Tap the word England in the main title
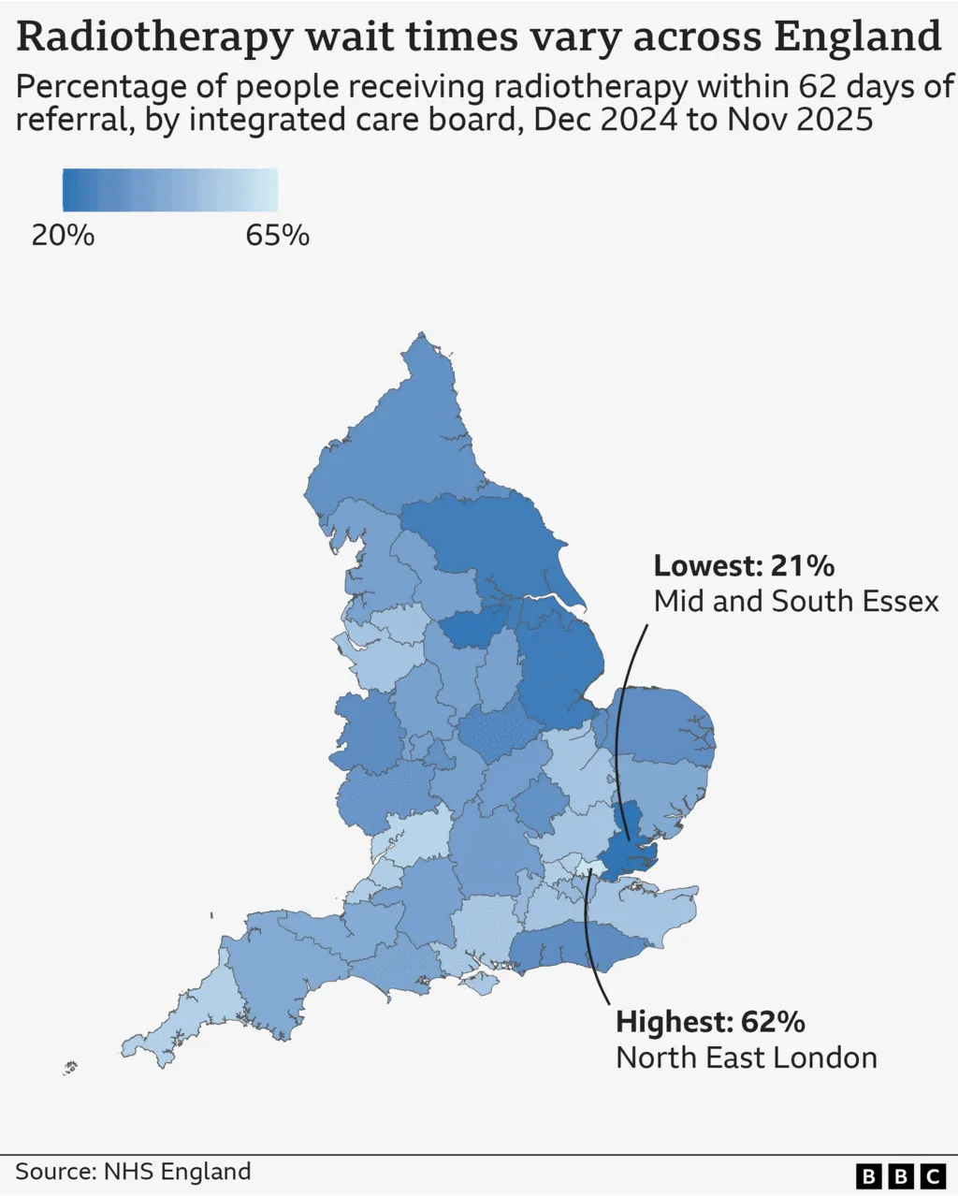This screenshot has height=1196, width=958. pos(857,37)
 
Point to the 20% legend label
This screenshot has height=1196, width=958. pos(63,235)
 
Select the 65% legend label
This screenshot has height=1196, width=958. pos(277,235)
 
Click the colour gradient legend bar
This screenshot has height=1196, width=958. pos(169,190)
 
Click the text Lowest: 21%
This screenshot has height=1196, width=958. pos(744,565)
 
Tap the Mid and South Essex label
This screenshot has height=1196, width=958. pos(795,601)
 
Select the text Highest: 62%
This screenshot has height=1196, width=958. pos(710,1021)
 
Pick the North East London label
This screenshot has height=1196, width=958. pos(746,1057)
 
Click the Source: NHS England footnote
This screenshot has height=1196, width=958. pos(133,1172)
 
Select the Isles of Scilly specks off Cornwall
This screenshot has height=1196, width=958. pos(69,1067)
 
